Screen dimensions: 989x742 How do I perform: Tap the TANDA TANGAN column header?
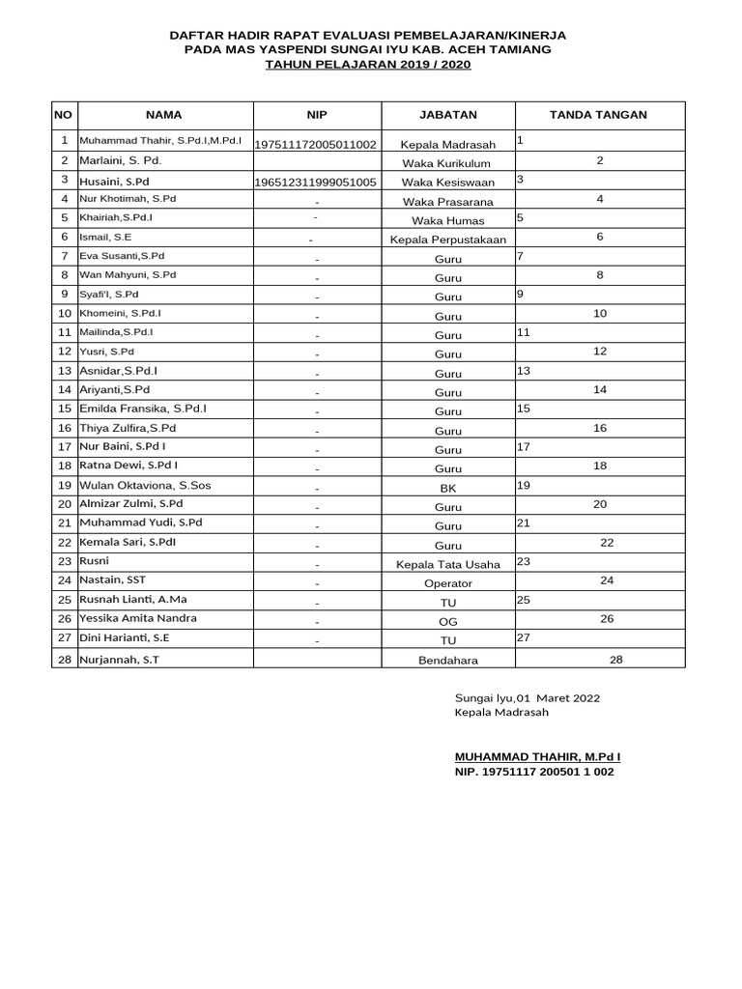click(x=598, y=115)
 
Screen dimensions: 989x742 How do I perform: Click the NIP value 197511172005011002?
click(x=315, y=145)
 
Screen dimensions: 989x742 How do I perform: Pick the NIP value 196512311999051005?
click(x=315, y=182)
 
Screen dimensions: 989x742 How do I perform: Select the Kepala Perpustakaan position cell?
click(x=447, y=239)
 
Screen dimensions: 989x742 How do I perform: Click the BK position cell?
click(x=447, y=489)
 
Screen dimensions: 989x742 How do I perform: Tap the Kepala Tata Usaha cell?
click(x=447, y=564)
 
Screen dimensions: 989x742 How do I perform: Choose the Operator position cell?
click(x=447, y=583)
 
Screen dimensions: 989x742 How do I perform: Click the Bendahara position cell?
click(x=447, y=661)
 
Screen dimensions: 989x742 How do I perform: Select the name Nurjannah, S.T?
click(x=119, y=659)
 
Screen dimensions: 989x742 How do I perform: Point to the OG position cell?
click(x=447, y=622)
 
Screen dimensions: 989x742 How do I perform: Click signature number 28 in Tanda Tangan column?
click(x=616, y=659)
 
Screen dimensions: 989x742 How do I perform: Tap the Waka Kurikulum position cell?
click(x=447, y=163)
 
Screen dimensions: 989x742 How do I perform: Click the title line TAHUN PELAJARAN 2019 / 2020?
click(x=367, y=64)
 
